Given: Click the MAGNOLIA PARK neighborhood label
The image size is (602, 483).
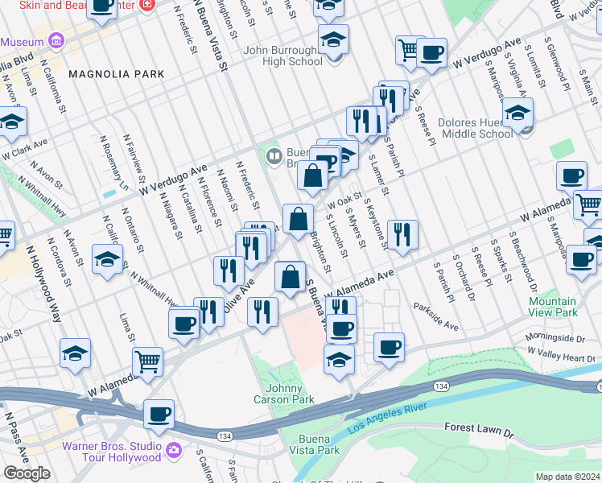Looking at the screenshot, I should (x=117, y=74).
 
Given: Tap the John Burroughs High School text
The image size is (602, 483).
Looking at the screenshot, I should (x=282, y=56).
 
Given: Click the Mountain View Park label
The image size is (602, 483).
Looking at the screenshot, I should (x=553, y=307).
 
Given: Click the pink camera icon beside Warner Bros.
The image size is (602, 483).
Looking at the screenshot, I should (x=175, y=449).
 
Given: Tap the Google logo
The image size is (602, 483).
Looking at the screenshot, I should (x=27, y=473).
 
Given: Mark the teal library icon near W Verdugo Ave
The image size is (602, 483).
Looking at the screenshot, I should (x=274, y=155).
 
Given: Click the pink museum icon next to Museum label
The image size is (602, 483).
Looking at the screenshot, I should (x=56, y=40).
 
